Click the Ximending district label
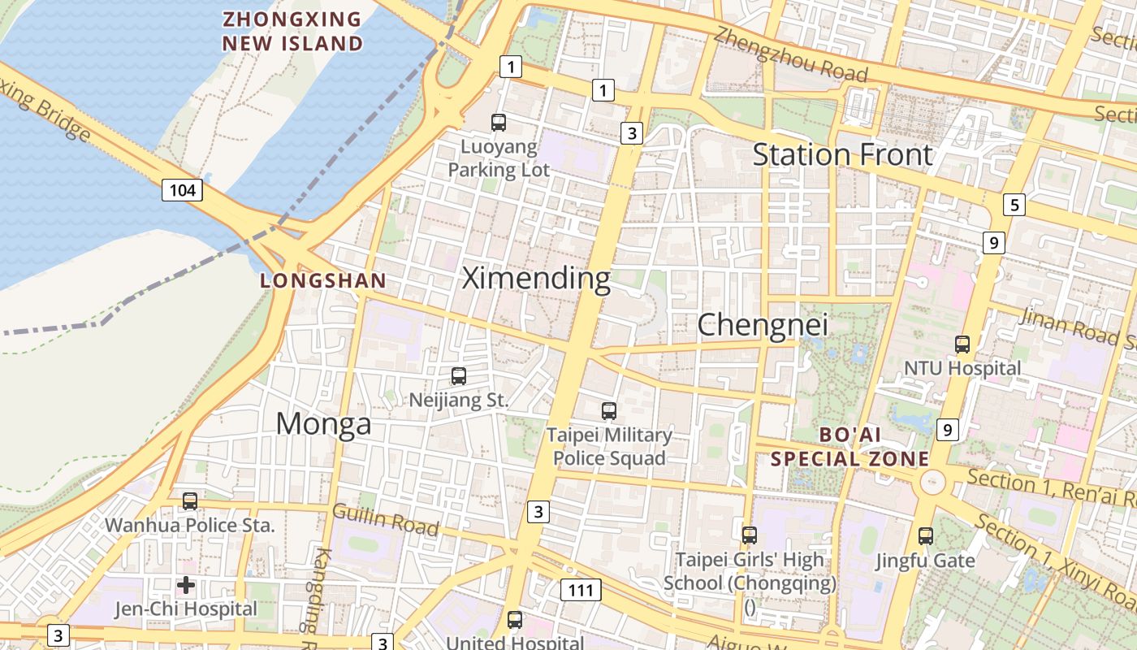pos(536,279)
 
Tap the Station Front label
pos(842,154)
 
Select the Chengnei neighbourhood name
pos(763,325)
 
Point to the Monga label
pos(323,423)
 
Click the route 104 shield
pos(182,191)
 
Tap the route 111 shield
pos(581,590)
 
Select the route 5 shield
pos(1014,205)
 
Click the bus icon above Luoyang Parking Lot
pos(499,123)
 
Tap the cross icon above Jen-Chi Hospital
pos(186,584)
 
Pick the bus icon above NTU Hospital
pos(962,344)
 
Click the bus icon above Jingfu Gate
pos(926,536)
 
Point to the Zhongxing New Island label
pos(292,31)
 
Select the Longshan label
pos(323,281)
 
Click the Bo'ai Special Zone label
pos(850,447)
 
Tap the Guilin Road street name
pos(385,520)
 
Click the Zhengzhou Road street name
pos(791,55)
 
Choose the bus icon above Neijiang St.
pos(459,376)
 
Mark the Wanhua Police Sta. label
pos(190,525)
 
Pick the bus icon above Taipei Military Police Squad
pos(609,411)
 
